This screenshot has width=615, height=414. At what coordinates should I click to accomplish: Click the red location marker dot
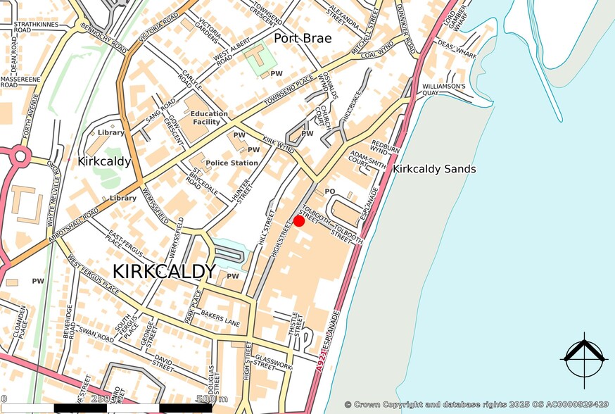point(298,221)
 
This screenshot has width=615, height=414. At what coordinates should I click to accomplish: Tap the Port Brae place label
point(303,38)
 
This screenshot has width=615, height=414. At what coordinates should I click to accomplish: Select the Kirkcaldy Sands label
point(434,169)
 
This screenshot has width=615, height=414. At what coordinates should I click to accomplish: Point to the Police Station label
point(232,163)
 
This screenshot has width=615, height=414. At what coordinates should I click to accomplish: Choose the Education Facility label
point(209,118)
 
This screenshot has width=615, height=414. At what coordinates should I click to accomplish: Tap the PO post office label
point(329,192)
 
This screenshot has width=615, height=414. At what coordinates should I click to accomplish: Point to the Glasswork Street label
point(270,361)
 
